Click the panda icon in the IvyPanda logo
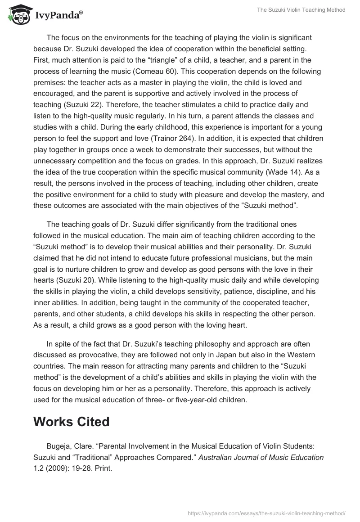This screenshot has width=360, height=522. point(18,14)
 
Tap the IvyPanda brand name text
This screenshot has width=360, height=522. point(58,16)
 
